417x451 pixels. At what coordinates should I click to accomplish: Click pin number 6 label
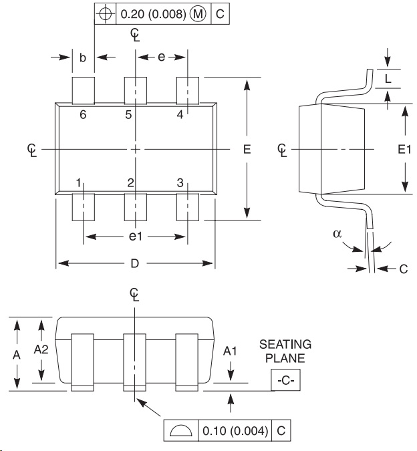83,115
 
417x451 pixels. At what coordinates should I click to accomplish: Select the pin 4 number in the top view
180,115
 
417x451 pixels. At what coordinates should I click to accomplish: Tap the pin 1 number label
78,182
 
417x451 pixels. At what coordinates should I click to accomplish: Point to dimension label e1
136,237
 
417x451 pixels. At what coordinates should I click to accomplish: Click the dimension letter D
134,263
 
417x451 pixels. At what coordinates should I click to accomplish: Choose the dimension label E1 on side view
404,149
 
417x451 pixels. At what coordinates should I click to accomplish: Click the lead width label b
83,57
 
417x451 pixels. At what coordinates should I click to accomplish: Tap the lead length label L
388,79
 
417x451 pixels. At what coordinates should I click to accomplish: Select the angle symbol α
337,234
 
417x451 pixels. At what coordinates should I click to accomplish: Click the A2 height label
41,349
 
